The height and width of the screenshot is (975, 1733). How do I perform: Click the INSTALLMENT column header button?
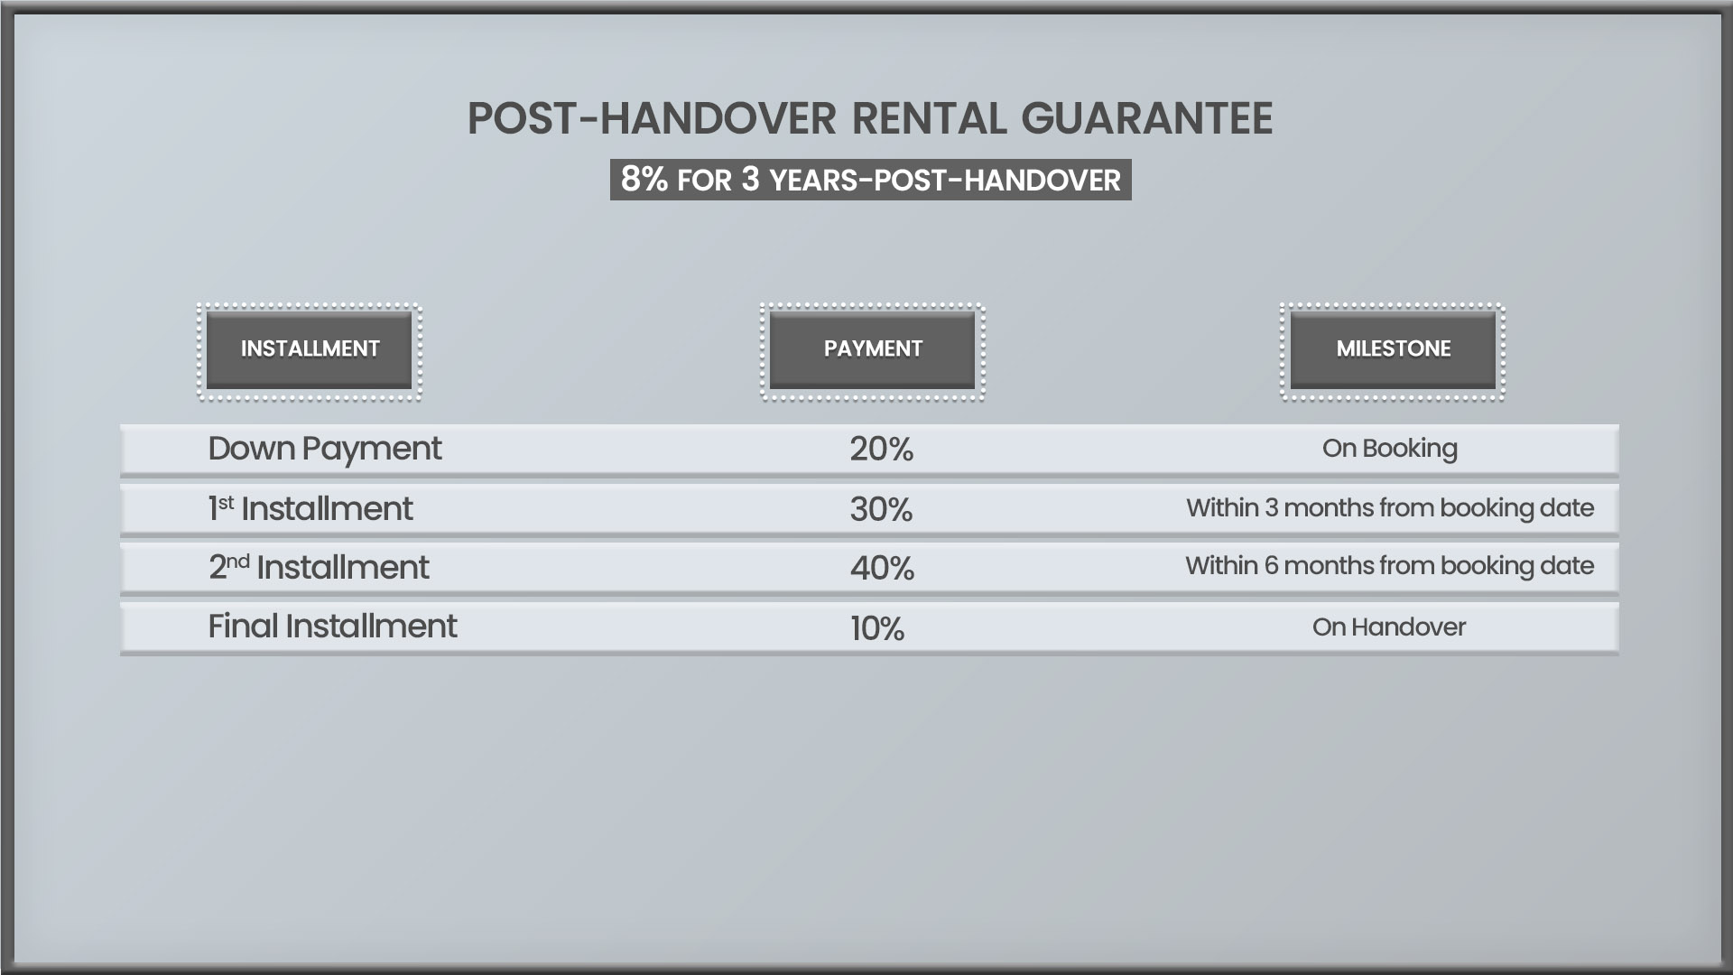pyautogui.click(x=310, y=350)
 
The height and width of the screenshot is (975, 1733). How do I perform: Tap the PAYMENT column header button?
pyautogui.click(x=872, y=350)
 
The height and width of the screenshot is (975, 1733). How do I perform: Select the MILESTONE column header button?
pyautogui.click(x=1393, y=350)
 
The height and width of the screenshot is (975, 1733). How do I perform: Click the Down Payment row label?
pyautogui.click(x=325, y=450)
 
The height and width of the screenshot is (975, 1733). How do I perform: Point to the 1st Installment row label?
pyautogui.click(x=310, y=509)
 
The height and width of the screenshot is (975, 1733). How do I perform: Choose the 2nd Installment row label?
pyautogui.click(x=319, y=568)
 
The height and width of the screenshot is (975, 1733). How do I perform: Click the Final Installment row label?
pyautogui.click(x=332, y=627)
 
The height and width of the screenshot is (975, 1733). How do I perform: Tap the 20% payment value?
pyautogui.click(x=882, y=450)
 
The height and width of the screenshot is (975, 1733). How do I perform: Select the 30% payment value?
pyautogui.click(x=882, y=510)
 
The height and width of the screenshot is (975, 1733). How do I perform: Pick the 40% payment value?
pyautogui.click(x=882, y=569)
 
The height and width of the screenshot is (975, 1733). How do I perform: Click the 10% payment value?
pyautogui.click(x=877, y=628)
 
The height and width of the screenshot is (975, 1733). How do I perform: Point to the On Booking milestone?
pyautogui.click(x=1390, y=449)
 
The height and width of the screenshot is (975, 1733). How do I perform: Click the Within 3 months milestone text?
pyautogui.click(x=1390, y=508)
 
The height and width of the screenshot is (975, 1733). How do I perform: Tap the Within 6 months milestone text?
pyautogui.click(x=1390, y=566)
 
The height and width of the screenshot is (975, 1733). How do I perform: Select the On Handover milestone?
pyautogui.click(x=1389, y=627)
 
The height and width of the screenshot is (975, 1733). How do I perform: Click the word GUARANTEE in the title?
pyautogui.click(x=1147, y=118)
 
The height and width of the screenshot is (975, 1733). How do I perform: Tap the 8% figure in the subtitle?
pyautogui.click(x=644, y=180)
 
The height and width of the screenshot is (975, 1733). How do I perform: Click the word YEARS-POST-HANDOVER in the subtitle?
pyautogui.click(x=945, y=181)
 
